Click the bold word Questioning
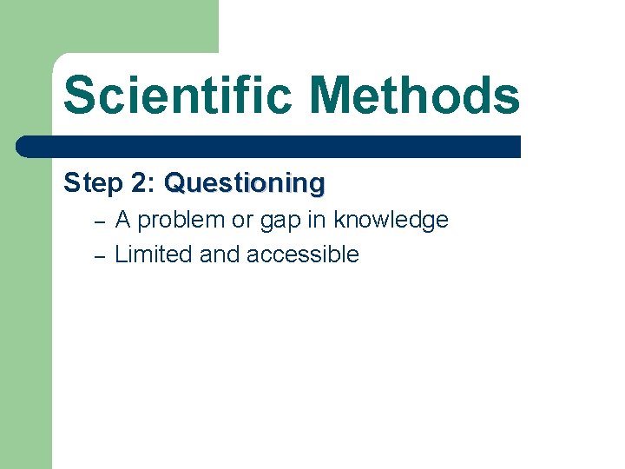[x=244, y=184]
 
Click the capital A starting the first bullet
[x=123, y=221]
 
